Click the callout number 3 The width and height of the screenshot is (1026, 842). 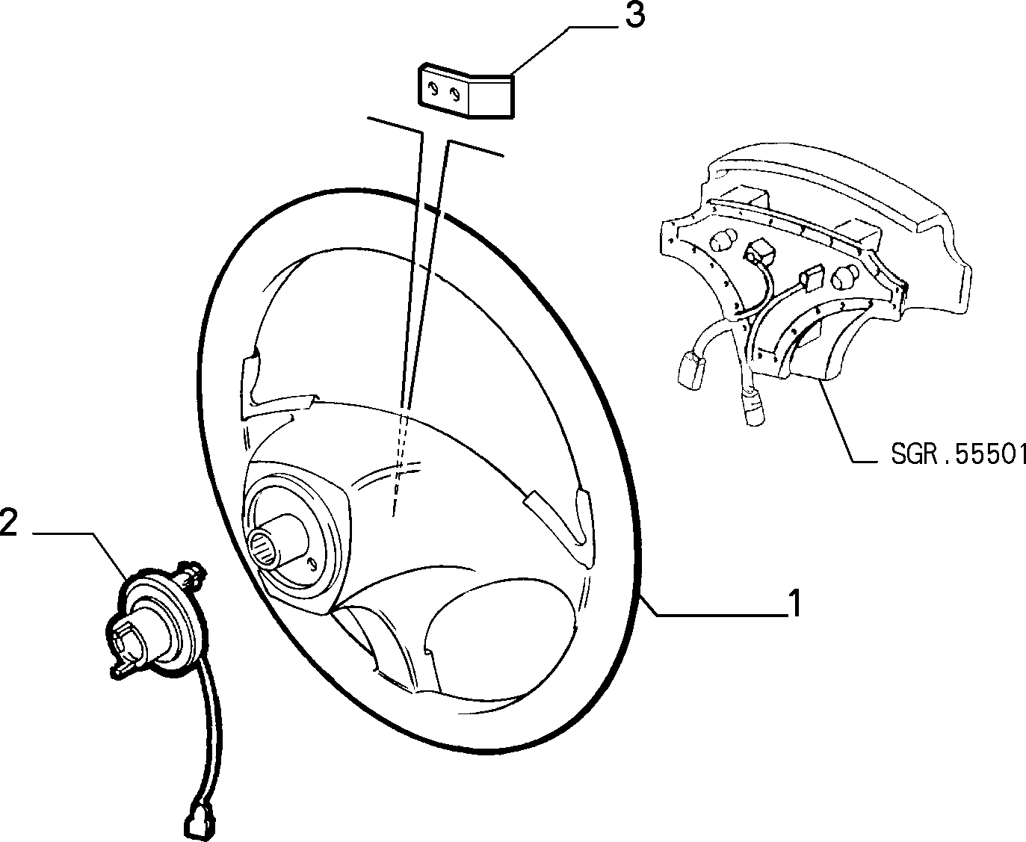634,16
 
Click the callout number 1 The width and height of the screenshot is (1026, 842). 794,603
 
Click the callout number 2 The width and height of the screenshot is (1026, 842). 8,522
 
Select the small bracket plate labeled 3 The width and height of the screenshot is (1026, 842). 466,91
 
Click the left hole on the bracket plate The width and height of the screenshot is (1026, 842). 433,89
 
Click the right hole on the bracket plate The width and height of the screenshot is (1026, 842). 455,94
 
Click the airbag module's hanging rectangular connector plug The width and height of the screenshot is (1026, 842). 690,371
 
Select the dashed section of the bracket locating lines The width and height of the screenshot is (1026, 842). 398,459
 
